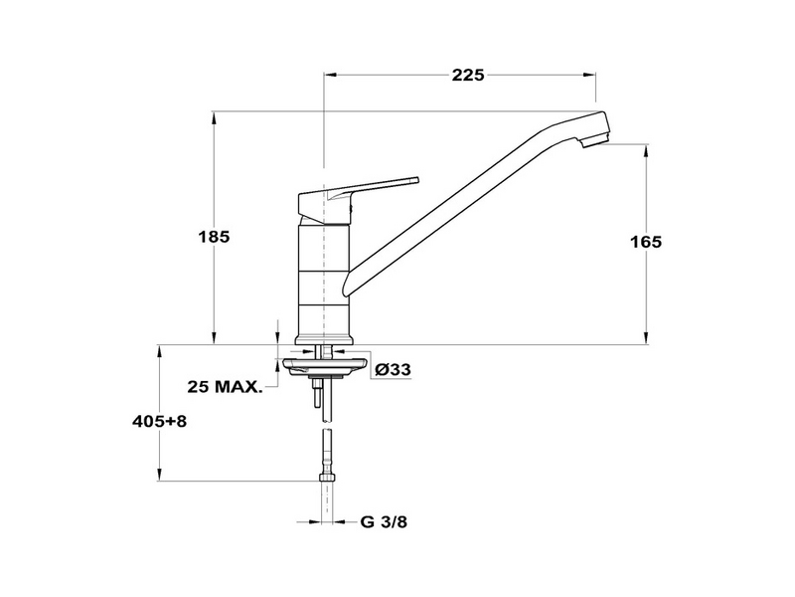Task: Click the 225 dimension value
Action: pos(468,76)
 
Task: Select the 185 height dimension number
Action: pos(214,237)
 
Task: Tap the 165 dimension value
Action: pos(646,242)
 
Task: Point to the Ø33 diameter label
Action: pos(394,369)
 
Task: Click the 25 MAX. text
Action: pos(226,387)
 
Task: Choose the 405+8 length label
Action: pos(159,421)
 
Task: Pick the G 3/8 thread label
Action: pos(384,521)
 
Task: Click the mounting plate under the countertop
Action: pos(324,367)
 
